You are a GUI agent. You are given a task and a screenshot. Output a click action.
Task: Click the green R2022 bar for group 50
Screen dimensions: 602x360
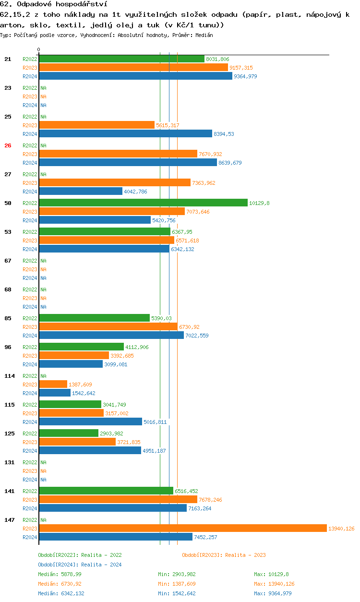coord(143,203)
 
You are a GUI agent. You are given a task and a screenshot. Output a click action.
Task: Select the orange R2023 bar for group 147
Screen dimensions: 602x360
coord(182,528)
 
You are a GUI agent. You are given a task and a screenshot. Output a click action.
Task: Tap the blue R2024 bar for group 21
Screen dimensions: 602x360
coord(135,76)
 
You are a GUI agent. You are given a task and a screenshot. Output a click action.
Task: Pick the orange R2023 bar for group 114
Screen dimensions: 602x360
coord(53,384)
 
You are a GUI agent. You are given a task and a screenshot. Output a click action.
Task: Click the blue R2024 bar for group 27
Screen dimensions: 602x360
coord(81,191)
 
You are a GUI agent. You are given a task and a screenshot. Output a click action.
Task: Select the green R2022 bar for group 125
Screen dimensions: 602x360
coord(69,433)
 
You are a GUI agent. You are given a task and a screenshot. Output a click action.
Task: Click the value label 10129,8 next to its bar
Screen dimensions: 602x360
coord(259,203)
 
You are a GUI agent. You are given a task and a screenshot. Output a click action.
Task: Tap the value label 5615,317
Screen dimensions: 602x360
coord(168,125)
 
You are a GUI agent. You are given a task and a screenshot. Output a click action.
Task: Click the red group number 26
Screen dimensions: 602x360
coord(8,145)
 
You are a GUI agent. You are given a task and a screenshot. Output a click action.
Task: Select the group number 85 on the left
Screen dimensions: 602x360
coord(8,318)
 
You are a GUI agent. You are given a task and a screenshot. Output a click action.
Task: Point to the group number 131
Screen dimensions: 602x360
coord(9,462)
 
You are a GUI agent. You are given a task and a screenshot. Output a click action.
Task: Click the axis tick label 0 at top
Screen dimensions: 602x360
coord(39,49)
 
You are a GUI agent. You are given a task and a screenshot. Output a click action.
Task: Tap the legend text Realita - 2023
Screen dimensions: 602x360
coord(245,555)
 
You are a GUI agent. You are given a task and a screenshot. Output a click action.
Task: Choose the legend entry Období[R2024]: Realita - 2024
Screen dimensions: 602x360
coord(80,565)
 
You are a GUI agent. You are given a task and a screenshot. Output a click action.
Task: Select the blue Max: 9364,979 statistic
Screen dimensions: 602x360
coord(273,593)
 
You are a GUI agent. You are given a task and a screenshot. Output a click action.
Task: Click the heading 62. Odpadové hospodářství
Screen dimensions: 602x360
coord(53,4)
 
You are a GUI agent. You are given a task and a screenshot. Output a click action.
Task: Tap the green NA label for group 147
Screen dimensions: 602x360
coord(43,520)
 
